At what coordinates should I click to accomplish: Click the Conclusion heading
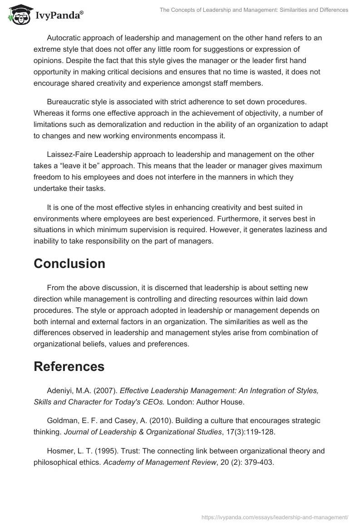coord(69,263)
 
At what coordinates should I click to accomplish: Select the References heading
coord(69,366)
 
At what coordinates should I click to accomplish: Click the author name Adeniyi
coord(61,390)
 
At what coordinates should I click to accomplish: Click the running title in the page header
coord(254,10)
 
